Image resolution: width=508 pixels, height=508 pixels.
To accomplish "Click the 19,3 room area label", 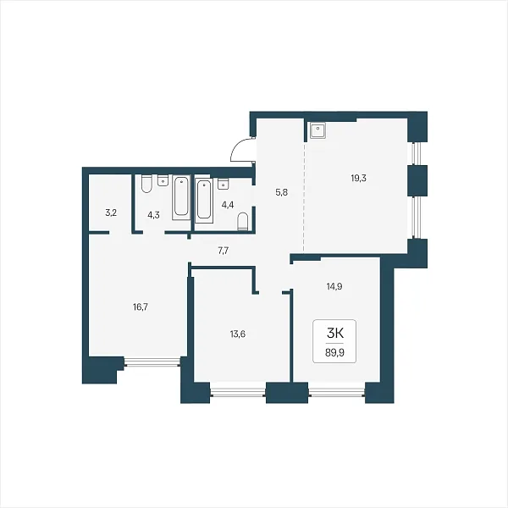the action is click(359, 178).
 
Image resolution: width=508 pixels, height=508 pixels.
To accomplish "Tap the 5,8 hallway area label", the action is click(282, 193).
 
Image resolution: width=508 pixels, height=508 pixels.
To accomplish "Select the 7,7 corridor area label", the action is click(224, 251).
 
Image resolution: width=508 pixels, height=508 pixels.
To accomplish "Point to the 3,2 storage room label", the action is click(111, 213).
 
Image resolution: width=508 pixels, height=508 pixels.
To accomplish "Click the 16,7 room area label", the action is click(141, 307).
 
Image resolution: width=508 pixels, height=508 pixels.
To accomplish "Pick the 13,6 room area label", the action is click(237, 334).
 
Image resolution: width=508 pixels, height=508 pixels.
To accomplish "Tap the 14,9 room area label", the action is click(334, 286).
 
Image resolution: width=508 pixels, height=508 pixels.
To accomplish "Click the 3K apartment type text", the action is click(334, 334).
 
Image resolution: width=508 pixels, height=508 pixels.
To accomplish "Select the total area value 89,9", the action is click(334, 353).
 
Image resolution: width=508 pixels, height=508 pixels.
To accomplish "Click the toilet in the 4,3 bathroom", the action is click(146, 184).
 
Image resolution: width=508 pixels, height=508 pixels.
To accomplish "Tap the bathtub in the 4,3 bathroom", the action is click(181, 197).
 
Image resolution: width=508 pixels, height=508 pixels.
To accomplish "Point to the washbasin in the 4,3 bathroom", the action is click(163, 180).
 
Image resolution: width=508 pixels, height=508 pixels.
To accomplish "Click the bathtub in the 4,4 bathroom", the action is click(204, 201).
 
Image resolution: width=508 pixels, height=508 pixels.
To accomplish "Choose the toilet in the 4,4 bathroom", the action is click(243, 221).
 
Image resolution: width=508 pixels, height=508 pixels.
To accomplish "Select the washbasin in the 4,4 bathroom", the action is click(224, 184).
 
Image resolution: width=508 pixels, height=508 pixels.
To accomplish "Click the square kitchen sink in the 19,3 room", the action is click(317, 130).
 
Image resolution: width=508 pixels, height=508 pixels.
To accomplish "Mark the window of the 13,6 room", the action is click(238, 393).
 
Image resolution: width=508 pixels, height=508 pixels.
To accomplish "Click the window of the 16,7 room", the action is click(152, 362).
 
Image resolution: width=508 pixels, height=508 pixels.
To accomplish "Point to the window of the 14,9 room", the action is click(337, 393).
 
